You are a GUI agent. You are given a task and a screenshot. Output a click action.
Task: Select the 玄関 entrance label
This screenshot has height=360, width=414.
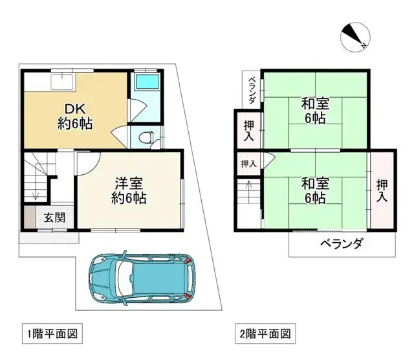coord(54,218)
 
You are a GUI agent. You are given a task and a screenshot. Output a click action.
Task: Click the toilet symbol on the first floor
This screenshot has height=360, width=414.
coord(146,137)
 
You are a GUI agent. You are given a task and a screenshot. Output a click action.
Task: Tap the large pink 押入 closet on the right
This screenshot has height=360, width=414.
coord(382,188)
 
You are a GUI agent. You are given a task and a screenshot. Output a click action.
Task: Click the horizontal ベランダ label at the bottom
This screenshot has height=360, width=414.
coord(341,244)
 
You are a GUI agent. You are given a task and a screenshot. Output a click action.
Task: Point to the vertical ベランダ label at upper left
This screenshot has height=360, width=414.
coord(252,91)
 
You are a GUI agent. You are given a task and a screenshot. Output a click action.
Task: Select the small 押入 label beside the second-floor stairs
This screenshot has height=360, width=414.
coord(248,164)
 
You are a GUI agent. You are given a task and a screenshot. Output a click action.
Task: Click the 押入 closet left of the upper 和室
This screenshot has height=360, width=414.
coord(249,129)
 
